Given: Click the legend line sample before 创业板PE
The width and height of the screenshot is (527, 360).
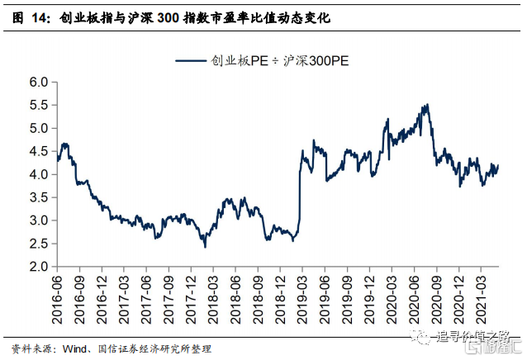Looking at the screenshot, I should pos(192,59).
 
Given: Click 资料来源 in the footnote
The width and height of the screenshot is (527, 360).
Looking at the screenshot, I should pos(29,348).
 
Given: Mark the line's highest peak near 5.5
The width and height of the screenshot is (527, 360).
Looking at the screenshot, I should pos(426,105).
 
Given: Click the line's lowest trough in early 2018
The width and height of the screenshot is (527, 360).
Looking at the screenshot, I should pos(205,247).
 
